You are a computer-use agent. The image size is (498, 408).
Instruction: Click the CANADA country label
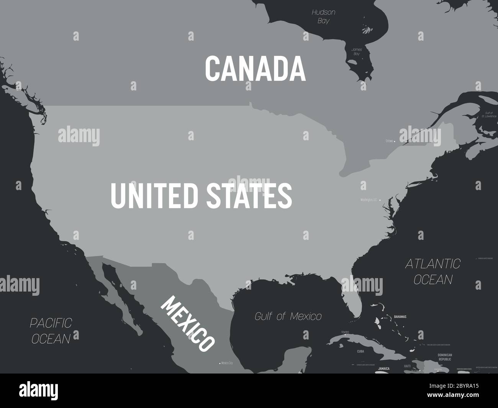[255, 68]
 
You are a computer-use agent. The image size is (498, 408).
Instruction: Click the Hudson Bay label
[323, 16]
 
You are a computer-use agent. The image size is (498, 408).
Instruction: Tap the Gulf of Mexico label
[288, 316]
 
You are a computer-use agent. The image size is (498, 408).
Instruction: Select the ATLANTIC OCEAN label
[433, 271]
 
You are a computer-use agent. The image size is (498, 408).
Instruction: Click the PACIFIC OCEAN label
[51, 331]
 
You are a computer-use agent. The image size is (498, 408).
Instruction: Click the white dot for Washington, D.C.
[380, 200]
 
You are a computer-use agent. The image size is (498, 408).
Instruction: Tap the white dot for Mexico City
[220, 363]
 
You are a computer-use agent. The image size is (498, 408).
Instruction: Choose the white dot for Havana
[346, 334]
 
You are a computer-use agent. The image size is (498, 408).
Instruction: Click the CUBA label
[360, 351]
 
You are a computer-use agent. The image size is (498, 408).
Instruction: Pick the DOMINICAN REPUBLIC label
[445, 357]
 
